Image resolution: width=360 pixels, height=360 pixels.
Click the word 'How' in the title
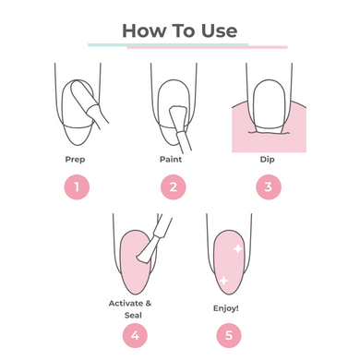pyautogui.click(x=144, y=30)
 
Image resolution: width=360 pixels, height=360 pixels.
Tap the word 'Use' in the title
pyautogui.click(x=219, y=30)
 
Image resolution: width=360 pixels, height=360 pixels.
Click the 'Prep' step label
pyautogui.click(x=75, y=160)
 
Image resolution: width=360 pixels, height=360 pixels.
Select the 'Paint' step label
pyautogui.click(x=171, y=160)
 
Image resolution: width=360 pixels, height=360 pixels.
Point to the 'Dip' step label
pyautogui.click(x=268, y=160)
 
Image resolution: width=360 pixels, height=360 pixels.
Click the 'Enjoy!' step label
pyautogui.click(x=226, y=308)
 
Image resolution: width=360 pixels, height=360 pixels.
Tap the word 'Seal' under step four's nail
pyautogui.click(x=133, y=315)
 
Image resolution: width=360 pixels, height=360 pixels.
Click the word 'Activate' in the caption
pyautogui.click(x=126, y=304)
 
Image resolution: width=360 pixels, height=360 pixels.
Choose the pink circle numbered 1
pyautogui.click(x=77, y=186)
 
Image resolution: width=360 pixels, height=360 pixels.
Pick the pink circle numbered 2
pyautogui.click(x=174, y=186)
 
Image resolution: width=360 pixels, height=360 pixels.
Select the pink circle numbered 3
pyautogui.click(x=269, y=186)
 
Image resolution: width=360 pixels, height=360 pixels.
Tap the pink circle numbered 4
pyautogui.click(x=135, y=335)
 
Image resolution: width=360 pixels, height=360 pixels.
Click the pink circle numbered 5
pyautogui.click(x=229, y=335)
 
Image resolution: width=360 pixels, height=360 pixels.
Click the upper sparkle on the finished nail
pyautogui.click(x=237, y=248)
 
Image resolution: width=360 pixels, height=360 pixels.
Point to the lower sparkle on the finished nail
pyautogui.click(x=223, y=281)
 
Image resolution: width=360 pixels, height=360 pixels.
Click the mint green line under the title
pyautogui.click(x=168, y=44)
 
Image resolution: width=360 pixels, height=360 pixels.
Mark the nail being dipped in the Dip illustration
pyautogui.click(x=270, y=106)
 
